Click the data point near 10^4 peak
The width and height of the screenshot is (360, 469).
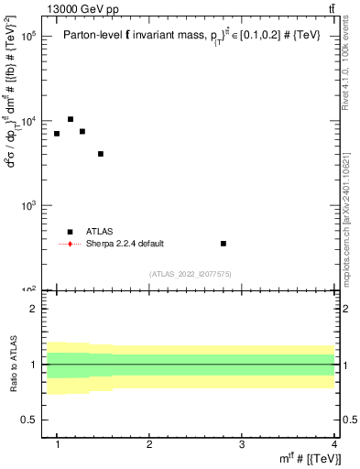pyautogui.click(x=71, y=119)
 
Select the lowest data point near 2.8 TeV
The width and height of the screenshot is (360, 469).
pyautogui.click(x=224, y=244)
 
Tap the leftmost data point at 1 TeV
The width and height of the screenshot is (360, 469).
pyautogui.click(x=57, y=134)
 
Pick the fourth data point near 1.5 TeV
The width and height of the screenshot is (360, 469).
pyautogui.click(x=101, y=154)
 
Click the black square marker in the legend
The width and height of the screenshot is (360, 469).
pyautogui.click(x=71, y=232)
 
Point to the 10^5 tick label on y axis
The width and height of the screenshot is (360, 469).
pyautogui.click(x=29, y=37)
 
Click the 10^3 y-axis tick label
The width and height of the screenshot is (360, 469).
pyautogui.click(x=29, y=206)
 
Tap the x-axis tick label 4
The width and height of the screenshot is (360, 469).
pyautogui.click(x=334, y=445)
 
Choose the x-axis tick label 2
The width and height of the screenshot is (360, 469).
pyautogui.click(x=149, y=445)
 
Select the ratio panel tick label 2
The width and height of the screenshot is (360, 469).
pyautogui.click(x=33, y=309)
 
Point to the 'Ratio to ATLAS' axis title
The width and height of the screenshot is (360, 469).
pyautogui.click(x=12, y=364)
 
